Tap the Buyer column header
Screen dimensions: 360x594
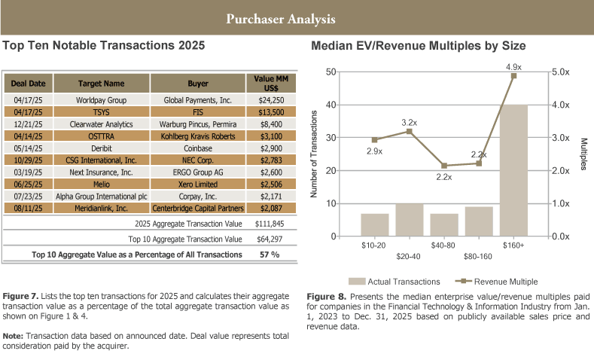[x=198, y=82]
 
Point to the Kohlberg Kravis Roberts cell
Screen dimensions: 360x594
[x=198, y=136]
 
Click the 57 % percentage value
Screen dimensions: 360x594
[x=270, y=255]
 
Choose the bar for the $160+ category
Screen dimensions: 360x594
[x=514, y=171]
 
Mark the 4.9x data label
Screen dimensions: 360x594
[x=514, y=67]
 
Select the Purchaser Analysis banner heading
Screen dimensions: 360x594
[x=281, y=17]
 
